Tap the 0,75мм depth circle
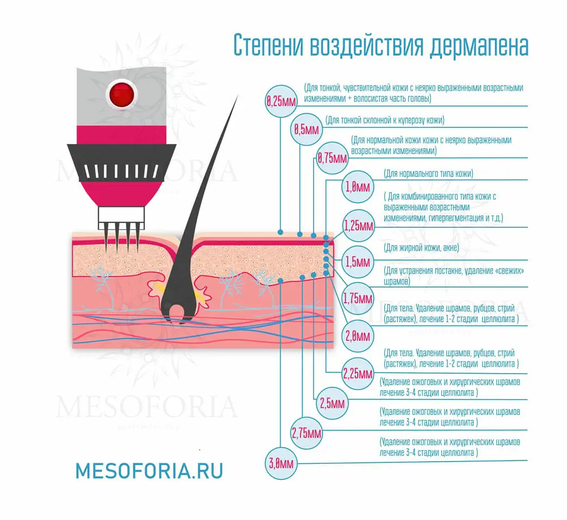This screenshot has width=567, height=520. point(332,157)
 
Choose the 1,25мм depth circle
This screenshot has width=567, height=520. point(358,226)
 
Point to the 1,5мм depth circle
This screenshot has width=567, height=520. point(358,262)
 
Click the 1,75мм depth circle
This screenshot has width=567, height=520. point(358,298)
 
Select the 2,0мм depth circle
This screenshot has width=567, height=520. point(358,334)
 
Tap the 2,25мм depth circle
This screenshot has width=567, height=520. point(358,374)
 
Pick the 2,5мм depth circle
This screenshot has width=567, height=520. point(332,404)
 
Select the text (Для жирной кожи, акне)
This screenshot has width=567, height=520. point(421,248)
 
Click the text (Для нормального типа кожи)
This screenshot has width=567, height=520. point(428,173)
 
